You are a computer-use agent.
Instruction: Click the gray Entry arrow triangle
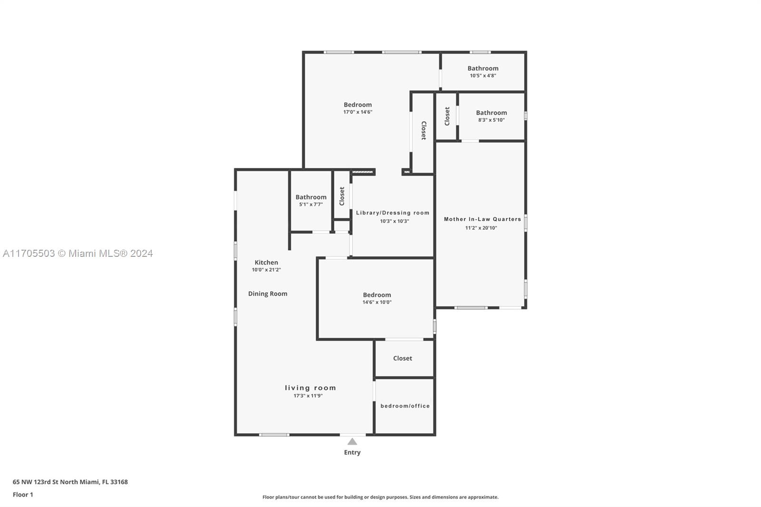[x=352, y=441]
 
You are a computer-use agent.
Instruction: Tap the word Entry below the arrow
[x=352, y=452]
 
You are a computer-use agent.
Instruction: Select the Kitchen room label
[x=266, y=263]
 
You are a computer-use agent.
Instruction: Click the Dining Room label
[x=268, y=293]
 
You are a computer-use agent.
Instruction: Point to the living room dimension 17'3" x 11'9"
[x=308, y=396]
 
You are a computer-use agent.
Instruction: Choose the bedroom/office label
[x=405, y=406]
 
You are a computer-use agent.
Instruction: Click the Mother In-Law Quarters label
[x=482, y=219]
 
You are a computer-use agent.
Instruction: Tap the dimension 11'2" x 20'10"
[x=481, y=228]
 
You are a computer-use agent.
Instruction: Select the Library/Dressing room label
[x=393, y=213]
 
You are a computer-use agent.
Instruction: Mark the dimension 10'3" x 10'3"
[x=394, y=221]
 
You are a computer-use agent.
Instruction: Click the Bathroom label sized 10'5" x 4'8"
[x=483, y=68]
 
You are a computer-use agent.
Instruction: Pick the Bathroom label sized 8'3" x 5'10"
[x=492, y=112]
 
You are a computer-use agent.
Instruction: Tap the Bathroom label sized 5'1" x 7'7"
[x=311, y=197]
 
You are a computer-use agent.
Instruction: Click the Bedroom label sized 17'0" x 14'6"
[x=358, y=105]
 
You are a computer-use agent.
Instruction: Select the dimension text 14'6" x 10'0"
[x=377, y=302]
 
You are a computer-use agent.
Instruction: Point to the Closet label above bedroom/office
[x=402, y=358]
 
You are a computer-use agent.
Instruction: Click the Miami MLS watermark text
[x=78, y=253]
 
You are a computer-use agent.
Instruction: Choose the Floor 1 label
[x=23, y=495]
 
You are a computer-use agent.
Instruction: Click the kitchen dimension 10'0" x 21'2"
[x=266, y=270]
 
